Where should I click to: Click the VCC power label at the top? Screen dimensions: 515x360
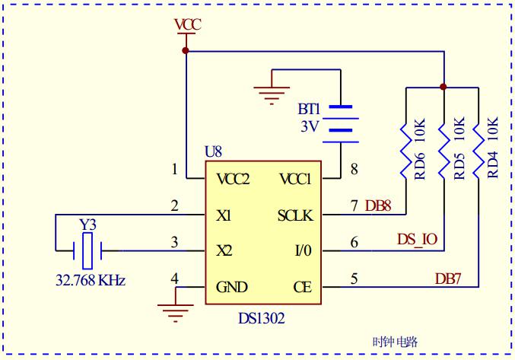pyautogui.click(x=188, y=25)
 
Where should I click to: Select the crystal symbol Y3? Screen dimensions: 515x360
pyautogui.click(x=87, y=251)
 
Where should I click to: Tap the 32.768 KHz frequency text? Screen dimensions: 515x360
pyautogui.click(x=91, y=281)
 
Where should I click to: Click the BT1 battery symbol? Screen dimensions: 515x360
pyautogui.click(x=341, y=125)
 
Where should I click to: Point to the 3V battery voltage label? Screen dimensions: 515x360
pyautogui.click(x=310, y=126)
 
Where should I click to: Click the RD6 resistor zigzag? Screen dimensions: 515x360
pyautogui.click(x=406, y=151)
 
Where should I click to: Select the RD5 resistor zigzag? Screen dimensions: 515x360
pyautogui.click(x=444, y=151)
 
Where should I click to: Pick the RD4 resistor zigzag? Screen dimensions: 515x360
pyautogui.click(x=478, y=151)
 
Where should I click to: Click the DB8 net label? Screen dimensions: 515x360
pyautogui.click(x=378, y=206)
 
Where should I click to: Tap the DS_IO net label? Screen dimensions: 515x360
pyautogui.click(x=417, y=240)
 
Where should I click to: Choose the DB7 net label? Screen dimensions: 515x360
pyautogui.click(x=448, y=279)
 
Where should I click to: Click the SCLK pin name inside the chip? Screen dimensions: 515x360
pyautogui.click(x=295, y=216)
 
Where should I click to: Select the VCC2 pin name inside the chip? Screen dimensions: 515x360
pyautogui.click(x=234, y=180)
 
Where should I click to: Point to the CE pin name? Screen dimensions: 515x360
pyautogui.click(x=303, y=287)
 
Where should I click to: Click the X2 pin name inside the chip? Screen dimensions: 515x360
pyautogui.click(x=224, y=251)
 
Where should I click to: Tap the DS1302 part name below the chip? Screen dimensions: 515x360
pyautogui.click(x=262, y=318)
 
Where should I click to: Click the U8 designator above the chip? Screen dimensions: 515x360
pyautogui.click(x=214, y=151)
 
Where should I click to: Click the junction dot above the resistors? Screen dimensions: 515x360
pyautogui.click(x=443, y=87)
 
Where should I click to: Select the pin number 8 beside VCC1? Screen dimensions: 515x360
pyautogui.click(x=354, y=169)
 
